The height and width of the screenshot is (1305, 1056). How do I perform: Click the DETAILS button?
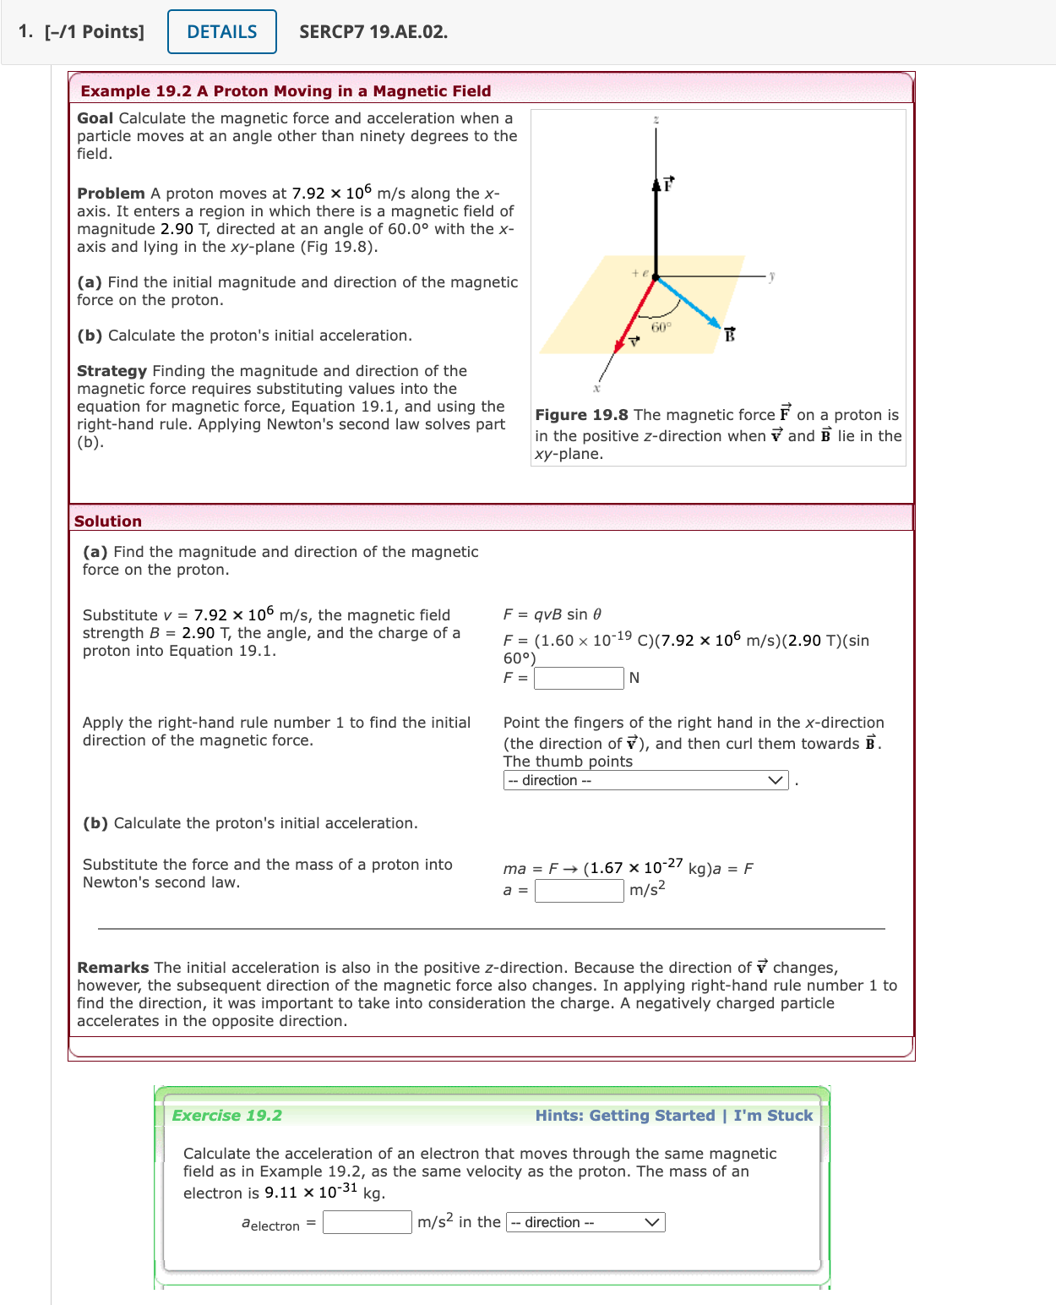click(221, 32)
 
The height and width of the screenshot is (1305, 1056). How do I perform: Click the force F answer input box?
click(579, 678)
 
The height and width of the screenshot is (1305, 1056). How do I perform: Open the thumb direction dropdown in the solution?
click(645, 780)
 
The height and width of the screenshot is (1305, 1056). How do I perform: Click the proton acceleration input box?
click(579, 890)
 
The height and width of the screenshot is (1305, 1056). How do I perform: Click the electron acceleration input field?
click(367, 1222)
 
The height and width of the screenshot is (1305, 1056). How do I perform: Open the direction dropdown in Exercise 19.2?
click(585, 1222)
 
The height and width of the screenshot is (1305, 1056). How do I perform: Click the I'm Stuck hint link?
click(772, 1115)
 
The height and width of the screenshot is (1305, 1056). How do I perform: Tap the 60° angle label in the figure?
click(661, 327)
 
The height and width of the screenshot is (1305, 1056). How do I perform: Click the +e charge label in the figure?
click(640, 273)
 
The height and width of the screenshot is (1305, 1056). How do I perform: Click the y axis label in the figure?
click(772, 275)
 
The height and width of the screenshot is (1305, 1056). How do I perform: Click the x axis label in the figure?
click(596, 388)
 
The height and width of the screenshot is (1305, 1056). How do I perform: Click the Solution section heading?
click(108, 521)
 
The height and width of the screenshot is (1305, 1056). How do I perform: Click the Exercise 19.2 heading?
click(226, 1115)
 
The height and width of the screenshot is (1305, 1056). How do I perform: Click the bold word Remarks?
click(112, 967)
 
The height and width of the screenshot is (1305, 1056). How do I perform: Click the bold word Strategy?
click(112, 370)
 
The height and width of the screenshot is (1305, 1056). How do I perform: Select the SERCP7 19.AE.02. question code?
click(373, 32)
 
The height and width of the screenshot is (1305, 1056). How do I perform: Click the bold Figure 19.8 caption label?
click(581, 414)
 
